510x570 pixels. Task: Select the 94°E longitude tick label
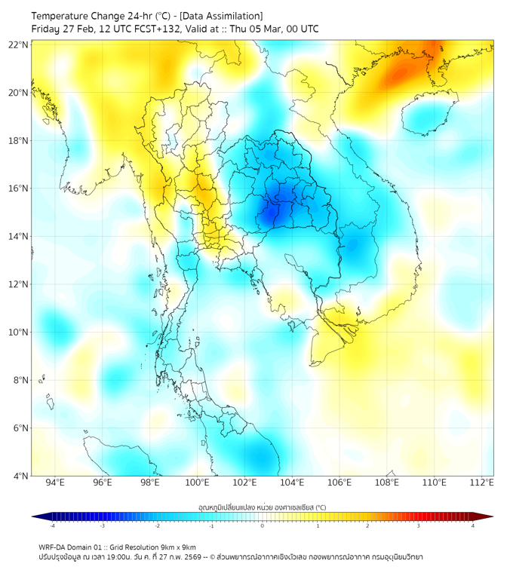[55, 483]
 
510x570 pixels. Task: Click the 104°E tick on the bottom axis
[292, 483]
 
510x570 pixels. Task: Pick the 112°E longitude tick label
[481, 483]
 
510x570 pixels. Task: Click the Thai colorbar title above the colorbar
[262, 507]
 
